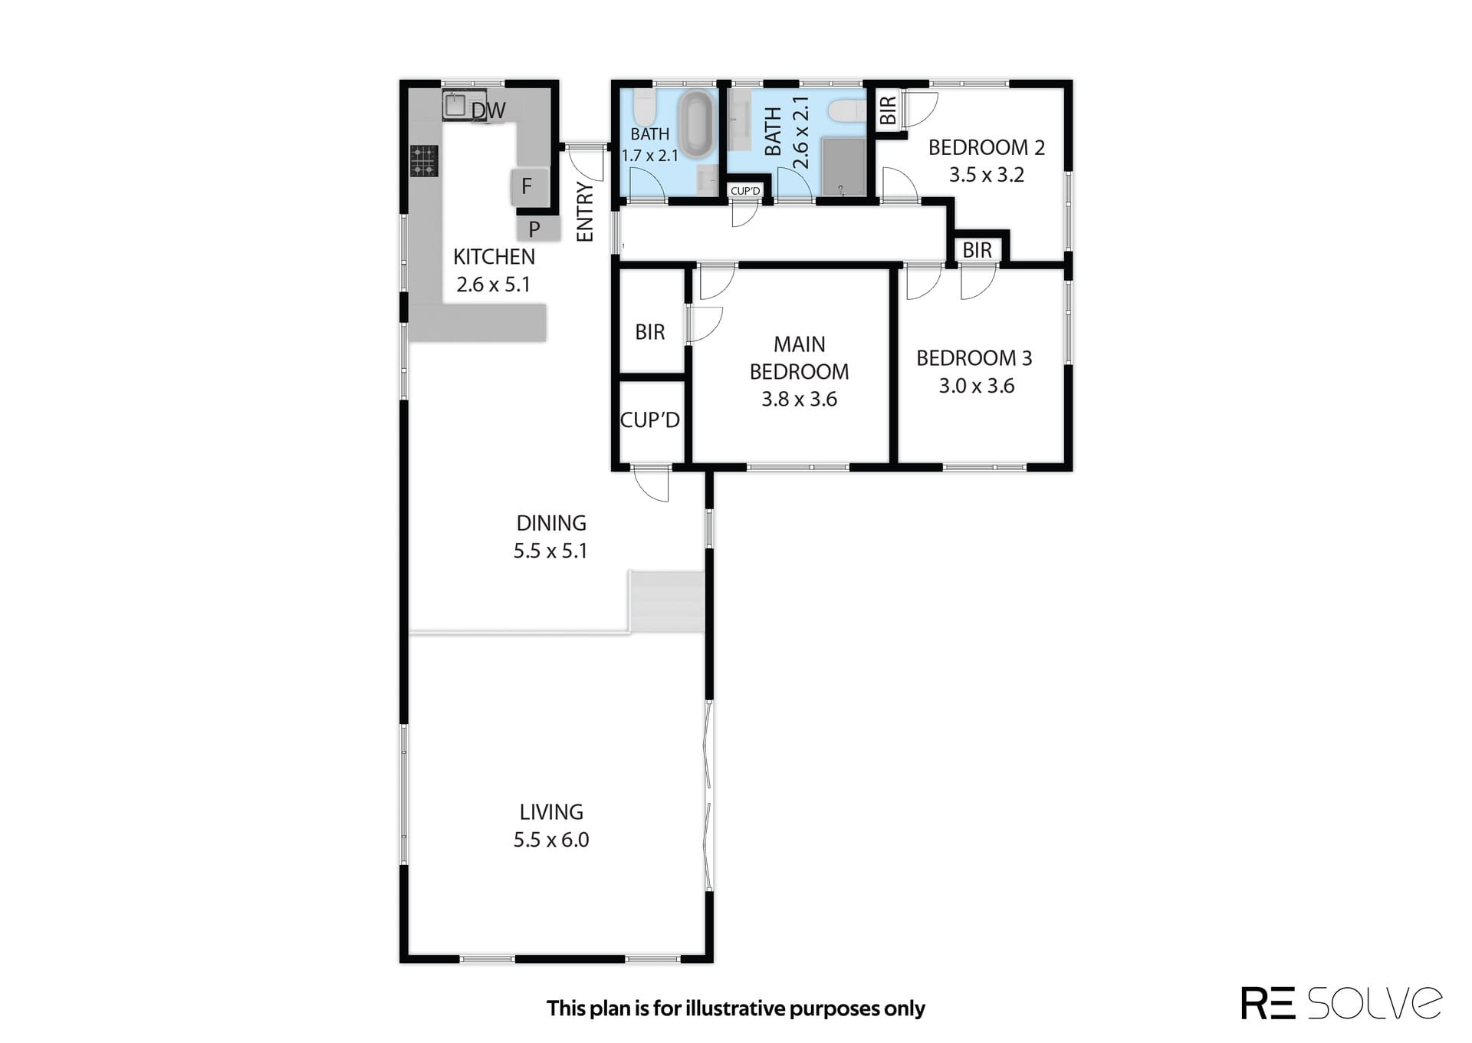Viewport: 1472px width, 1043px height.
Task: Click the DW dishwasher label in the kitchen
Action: [488, 111]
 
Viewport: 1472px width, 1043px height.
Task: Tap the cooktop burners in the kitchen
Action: [423, 161]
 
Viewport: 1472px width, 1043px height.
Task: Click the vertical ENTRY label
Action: [585, 212]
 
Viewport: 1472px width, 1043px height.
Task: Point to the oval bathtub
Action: [697, 124]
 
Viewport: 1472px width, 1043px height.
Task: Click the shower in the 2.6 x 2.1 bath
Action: [843, 166]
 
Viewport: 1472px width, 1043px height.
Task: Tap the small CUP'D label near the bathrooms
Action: [745, 191]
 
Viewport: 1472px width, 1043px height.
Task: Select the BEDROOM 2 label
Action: [987, 147]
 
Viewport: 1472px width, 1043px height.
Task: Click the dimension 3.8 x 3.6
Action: [799, 400]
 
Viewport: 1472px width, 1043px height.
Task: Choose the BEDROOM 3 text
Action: [974, 358]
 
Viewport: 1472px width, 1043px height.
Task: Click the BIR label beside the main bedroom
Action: [650, 332]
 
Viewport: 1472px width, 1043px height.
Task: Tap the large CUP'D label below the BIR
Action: [650, 420]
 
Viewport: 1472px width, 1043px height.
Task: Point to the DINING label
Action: [551, 523]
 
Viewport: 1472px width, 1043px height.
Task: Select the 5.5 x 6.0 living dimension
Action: [551, 840]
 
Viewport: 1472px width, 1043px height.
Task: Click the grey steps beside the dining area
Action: [667, 602]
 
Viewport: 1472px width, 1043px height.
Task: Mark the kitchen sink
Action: [455, 106]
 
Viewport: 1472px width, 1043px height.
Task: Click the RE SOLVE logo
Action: [1342, 1002]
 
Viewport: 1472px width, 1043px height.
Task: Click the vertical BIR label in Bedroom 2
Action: [888, 110]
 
